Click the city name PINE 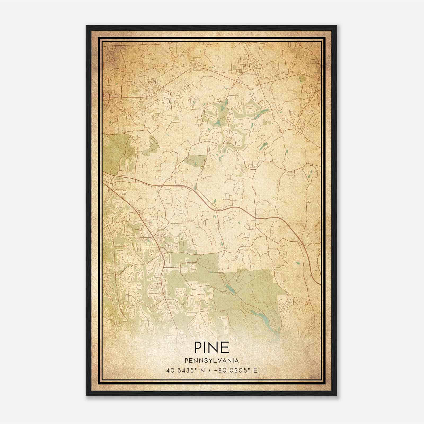point(212,347)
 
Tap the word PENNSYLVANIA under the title point(212,361)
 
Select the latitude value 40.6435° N point(185,370)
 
